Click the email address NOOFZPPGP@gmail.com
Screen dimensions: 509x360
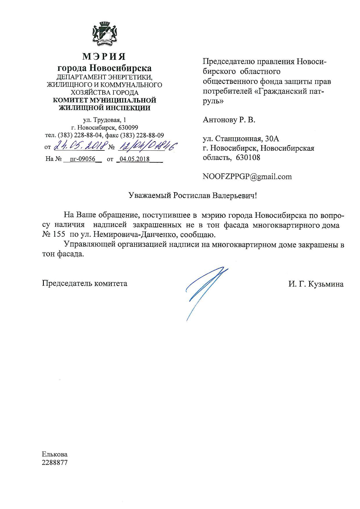[x=247, y=177]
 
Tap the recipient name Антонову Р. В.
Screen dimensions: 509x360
[x=229, y=120]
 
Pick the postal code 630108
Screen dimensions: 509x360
[x=248, y=158]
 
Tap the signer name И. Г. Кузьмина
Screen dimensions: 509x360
[x=316, y=284]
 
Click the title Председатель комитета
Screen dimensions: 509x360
[x=84, y=283]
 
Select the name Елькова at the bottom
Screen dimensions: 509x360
[x=55, y=454]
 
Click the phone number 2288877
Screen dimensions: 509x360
[x=55, y=463]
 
